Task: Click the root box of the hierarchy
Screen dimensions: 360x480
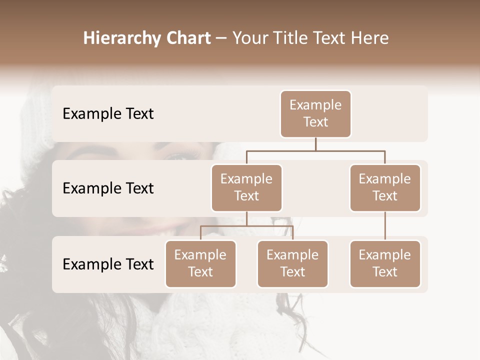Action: (x=315, y=114)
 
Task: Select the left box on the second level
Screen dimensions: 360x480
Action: (x=246, y=188)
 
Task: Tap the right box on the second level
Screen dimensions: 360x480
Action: (x=385, y=188)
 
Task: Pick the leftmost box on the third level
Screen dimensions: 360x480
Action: (x=200, y=264)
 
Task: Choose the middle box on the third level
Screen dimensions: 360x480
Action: (x=292, y=264)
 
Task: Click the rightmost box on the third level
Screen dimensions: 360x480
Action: (x=385, y=264)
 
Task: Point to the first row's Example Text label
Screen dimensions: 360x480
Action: (x=108, y=114)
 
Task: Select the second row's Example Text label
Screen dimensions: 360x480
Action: (x=108, y=188)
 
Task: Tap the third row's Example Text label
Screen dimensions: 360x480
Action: (x=108, y=264)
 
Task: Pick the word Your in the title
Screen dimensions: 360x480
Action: (x=248, y=38)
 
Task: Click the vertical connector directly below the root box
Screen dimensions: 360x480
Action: (x=315, y=144)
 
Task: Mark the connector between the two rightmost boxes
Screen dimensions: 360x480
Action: (x=385, y=226)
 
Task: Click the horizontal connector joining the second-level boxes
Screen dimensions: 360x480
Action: (x=315, y=150)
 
